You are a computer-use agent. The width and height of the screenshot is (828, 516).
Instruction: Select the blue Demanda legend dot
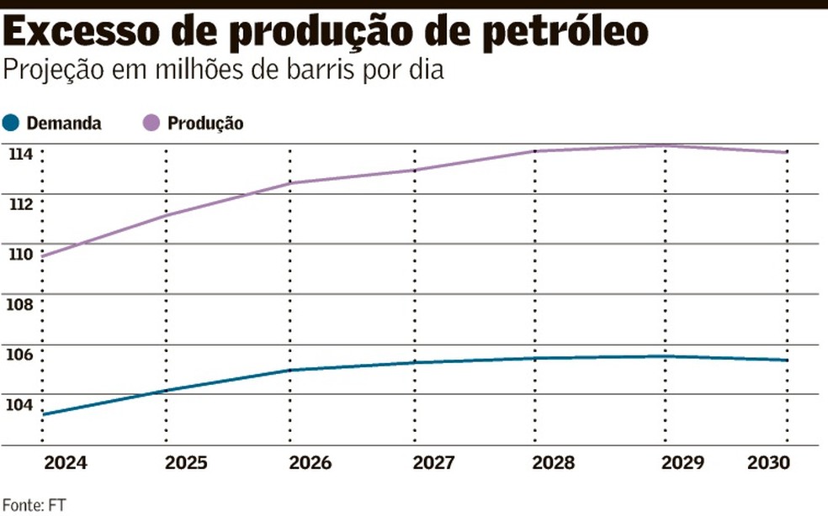11,123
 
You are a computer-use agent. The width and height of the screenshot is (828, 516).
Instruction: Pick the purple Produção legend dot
151,123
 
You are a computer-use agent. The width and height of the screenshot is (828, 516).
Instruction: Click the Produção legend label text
205,124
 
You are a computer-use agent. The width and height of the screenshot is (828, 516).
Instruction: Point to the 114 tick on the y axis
21,154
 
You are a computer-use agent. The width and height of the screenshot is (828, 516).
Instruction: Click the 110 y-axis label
21,254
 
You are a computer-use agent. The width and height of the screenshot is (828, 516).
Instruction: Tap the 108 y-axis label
21,303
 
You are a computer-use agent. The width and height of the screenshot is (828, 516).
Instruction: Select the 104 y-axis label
21,403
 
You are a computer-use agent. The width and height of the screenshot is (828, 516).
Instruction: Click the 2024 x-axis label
66,463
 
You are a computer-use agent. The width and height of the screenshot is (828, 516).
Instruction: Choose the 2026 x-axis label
310,463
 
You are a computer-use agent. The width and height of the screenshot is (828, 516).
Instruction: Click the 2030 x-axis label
768,463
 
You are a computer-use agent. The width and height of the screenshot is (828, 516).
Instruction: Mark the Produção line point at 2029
664,146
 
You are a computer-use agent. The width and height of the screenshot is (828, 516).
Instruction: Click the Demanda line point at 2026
290,370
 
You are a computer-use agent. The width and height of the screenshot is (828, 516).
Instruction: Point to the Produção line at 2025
166,215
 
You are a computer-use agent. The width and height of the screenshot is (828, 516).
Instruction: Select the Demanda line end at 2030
787,361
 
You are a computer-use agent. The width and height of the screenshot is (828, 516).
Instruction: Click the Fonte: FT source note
34,505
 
